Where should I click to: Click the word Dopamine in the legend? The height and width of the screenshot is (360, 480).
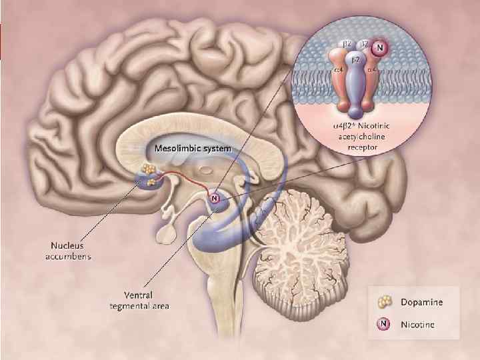tap(422, 302)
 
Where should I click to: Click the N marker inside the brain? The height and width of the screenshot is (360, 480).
tap(214, 198)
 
